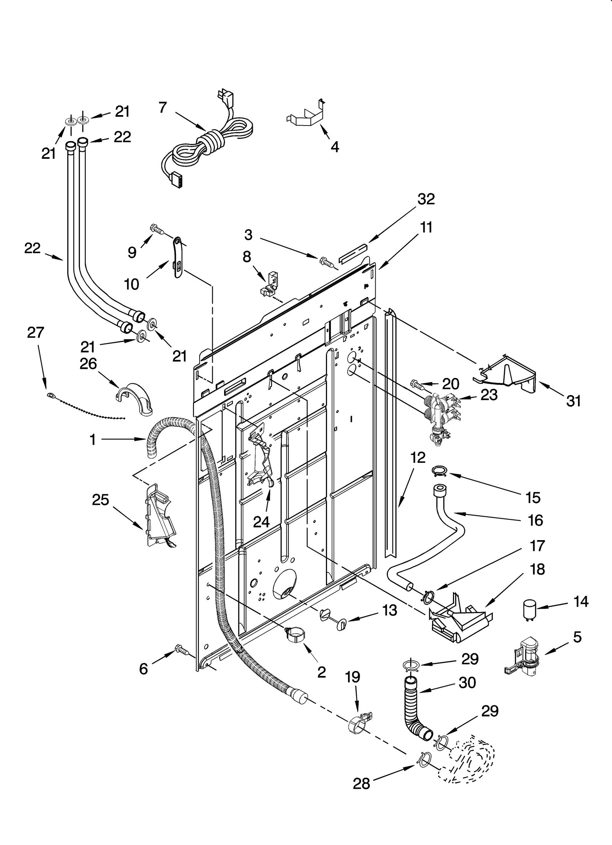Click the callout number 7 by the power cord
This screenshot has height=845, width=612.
163,108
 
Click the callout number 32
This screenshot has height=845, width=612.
426,199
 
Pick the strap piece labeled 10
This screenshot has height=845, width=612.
178,256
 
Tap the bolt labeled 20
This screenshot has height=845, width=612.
417,384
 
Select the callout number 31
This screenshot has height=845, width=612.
573,401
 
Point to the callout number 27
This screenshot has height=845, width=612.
36,333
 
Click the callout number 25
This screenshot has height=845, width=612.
101,500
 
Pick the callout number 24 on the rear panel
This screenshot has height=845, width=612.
261,521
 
